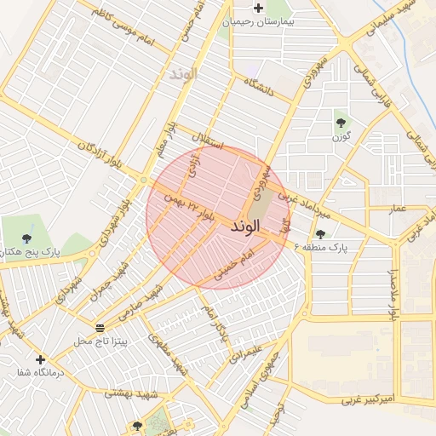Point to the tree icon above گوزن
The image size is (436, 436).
coord(342,123)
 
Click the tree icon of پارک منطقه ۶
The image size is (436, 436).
coord(320,234)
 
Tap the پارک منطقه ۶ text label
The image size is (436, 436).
coord(322,247)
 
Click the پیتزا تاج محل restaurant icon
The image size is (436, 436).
coord(100,328)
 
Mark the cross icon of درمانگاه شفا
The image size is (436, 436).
coord(39,359)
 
